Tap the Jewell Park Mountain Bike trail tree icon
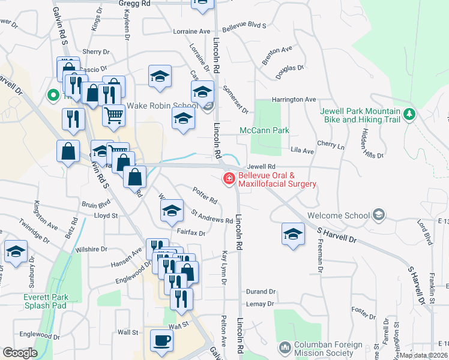click(x=410, y=113)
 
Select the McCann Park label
click(x=264, y=130)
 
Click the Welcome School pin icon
click(x=378, y=214)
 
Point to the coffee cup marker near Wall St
click(x=161, y=341)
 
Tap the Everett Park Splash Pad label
click(x=46, y=301)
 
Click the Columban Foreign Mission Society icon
click(x=285, y=347)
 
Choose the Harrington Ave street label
click(x=294, y=99)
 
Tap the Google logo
click(x=20, y=353)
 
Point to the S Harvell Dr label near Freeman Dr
click(x=337, y=235)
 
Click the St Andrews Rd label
click(x=211, y=216)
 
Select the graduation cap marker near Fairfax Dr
click(x=172, y=211)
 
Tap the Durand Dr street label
click(x=260, y=292)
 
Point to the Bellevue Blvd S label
click(x=244, y=26)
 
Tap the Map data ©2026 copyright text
click(x=423, y=355)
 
